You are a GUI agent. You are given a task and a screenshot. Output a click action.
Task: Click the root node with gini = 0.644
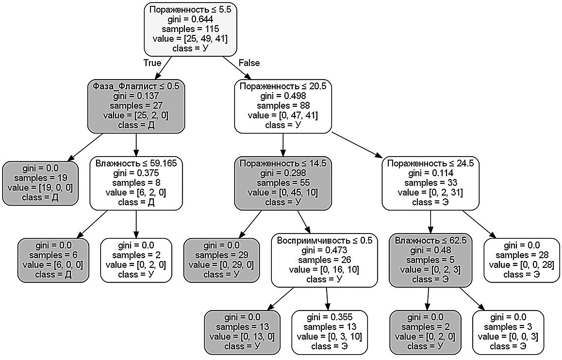(x=190, y=29)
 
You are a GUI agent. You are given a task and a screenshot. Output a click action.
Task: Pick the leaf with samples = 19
(x=40, y=183)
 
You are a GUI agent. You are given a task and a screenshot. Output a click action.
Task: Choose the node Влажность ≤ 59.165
(x=136, y=183)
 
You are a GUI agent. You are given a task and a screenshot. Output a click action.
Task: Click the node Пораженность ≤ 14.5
(x=283, y=183)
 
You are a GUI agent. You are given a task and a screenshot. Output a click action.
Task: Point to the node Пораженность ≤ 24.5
(x=430, y=183)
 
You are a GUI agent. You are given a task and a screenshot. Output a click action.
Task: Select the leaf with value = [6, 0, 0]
(x=53, y=260)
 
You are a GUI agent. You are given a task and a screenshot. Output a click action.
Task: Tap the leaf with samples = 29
(x=221, y=260)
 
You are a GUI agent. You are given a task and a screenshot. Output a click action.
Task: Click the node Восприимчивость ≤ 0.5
(x=324, y=260)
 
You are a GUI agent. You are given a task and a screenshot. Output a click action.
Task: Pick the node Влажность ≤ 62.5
(x=430, y=260)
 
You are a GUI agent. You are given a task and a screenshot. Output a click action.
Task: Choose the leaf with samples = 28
(x=522, y=260)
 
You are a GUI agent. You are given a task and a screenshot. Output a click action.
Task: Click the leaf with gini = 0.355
(x=329, y=332)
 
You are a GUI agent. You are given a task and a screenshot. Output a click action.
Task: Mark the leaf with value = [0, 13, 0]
(x=242, y=332)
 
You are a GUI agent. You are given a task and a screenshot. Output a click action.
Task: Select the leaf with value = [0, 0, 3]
(x=508, y=332)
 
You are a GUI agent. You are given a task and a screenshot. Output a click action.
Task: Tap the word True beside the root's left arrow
(x=152, y=63)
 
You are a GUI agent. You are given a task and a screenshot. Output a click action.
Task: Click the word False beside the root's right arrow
(x=249, y=63)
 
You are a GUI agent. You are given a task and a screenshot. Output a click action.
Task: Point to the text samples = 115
(x=190, y=29)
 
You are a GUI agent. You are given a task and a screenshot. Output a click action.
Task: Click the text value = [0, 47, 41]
(x=283, y=115)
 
